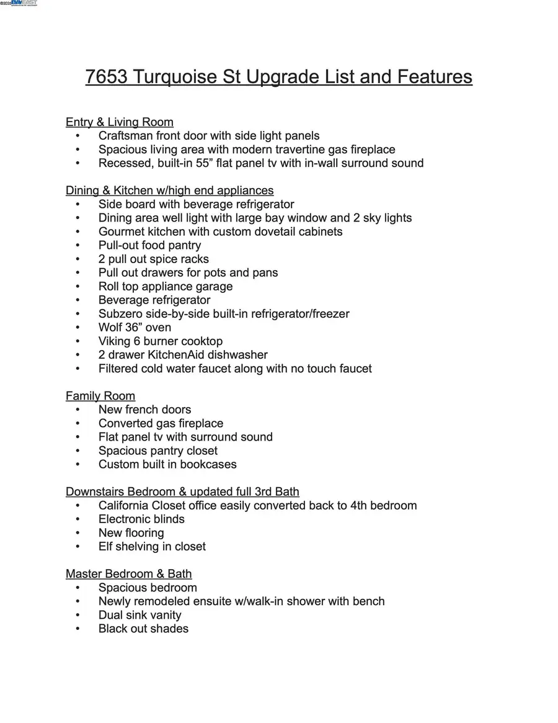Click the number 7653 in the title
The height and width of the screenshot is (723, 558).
point(106,77)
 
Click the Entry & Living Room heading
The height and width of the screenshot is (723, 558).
point(120,122)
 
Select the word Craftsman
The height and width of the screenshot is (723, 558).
point(125,136)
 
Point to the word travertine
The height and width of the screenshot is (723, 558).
point(300,150)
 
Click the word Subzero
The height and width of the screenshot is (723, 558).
point(123,314)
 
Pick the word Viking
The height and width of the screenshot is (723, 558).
point(115,341)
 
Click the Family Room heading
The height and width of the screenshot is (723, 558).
point(100,396)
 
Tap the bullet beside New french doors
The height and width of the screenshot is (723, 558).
point(77,410)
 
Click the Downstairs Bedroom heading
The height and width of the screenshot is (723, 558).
point(182,492)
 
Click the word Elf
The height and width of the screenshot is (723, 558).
point(106,547)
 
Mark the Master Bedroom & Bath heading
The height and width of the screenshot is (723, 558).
point(128,574)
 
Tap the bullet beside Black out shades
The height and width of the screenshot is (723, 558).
point(77,629)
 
